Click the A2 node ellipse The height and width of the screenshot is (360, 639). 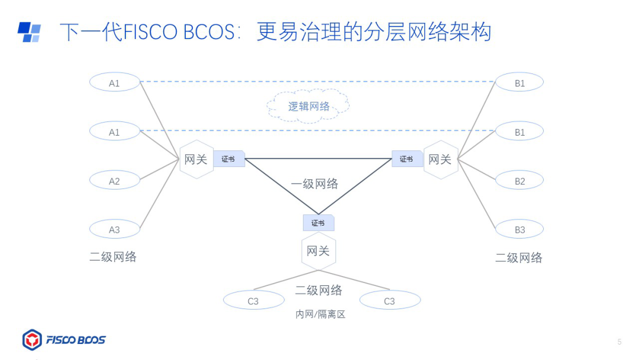click(x=114, y=180)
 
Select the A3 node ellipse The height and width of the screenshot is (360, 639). click(x=114, y=229)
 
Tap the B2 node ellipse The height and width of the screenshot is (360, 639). click(x=519, y=180)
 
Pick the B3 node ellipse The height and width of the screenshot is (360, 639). click(x=519, y=229)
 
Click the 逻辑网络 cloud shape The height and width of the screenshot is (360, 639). click(x=308, y=107)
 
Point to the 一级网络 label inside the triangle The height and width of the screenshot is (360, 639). click(x=315, y=184)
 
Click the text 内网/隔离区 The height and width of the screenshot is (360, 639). click(x=320, y=314)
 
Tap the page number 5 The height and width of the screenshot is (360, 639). click(x=619, y=342)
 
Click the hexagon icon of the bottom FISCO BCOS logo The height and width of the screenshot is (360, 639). click(x=32, y=340)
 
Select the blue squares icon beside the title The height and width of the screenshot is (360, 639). click(x=29, y=32)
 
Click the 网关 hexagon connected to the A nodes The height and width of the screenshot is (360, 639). click(x=196, y=159)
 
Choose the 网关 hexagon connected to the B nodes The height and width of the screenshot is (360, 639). click(x=440, y=159)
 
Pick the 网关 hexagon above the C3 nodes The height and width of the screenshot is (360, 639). click(x=318, y=251)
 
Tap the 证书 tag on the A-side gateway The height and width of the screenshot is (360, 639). click(x=228, y=159)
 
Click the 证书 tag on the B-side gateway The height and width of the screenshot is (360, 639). click(x=406, y=159)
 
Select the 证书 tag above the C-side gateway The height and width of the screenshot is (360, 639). click(x=318, y=223)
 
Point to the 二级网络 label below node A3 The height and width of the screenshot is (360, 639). click(x=113, y=256)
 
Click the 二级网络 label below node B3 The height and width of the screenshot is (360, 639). click(x=519, y=258)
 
